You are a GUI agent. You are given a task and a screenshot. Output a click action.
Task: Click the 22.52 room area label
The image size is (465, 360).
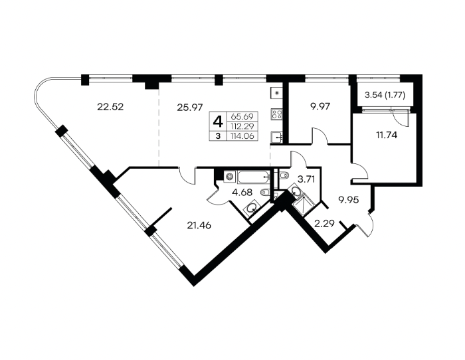110,107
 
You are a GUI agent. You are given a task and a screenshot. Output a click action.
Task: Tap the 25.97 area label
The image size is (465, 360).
190,107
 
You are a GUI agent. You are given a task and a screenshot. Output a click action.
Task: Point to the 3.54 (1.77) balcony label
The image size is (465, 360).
385,96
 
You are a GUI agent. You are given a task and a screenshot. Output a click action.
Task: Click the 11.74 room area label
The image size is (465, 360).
387,135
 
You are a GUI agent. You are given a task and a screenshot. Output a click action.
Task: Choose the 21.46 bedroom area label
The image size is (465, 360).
199,226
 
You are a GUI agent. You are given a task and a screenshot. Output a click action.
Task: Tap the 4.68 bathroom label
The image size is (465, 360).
242,193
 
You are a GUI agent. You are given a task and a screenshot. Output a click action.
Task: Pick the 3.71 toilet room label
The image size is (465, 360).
306,179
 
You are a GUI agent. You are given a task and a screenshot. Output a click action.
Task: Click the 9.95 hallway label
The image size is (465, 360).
349,200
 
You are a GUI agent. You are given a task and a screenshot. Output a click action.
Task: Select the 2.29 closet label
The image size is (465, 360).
324,223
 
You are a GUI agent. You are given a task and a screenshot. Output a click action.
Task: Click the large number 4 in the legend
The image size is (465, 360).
218,122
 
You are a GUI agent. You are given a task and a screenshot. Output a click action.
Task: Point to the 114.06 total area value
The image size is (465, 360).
242,136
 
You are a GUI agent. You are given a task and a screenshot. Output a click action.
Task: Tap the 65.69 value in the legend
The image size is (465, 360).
242,116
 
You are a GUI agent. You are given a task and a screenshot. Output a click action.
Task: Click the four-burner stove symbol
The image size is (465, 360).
277,114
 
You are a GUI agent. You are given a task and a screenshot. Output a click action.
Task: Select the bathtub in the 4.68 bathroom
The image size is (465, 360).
254,177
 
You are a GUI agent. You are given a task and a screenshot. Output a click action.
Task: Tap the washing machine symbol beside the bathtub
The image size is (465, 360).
229,177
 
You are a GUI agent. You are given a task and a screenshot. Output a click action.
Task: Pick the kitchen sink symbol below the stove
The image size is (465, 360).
277,137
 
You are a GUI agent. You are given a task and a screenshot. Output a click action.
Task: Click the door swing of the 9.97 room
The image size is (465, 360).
320,136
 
